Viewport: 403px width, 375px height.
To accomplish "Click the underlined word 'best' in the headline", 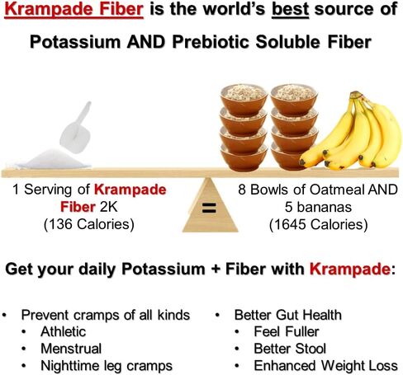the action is (290, 10).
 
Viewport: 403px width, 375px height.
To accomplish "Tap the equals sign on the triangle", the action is (209, 208).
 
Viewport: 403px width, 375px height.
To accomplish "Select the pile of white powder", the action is (53, 159).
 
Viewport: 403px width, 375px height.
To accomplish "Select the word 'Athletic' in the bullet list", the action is (64, 331).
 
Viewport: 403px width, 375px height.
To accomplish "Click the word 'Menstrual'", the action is (71, 349).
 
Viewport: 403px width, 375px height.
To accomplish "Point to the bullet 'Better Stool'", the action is (290, 349).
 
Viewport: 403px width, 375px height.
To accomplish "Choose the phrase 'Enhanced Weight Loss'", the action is (325, 366).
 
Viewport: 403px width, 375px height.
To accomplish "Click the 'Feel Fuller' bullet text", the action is (287, 331).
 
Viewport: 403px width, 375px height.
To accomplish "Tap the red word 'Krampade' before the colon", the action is (349, 269).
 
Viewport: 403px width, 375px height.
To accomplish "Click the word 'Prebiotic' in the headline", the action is (211, 42).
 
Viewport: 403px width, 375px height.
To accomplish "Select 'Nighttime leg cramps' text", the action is (107, 366).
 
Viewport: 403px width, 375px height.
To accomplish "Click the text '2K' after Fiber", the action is (108, 207).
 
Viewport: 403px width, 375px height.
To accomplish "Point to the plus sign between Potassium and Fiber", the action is (216, 270).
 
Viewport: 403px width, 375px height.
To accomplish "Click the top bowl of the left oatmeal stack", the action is (244, 99).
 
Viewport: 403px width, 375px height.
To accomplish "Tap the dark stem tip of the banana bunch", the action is (356, 95).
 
